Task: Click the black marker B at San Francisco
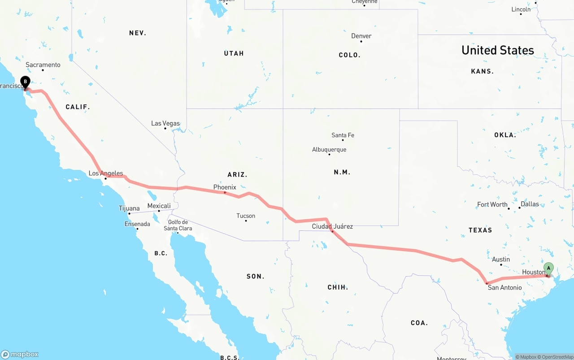[26, 82]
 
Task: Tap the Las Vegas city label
[165, 123]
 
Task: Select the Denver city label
[361, 36]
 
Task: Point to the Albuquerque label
[329, 150]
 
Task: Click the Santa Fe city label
[343, 135]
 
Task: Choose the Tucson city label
[246, 216]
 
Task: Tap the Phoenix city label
[225, 187]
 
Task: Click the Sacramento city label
[43, 65]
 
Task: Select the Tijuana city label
[129, 208]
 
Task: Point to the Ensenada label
[137, 224]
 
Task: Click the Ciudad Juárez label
[332, 226]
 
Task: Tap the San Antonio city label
[504, 287]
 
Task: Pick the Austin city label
[501, 259]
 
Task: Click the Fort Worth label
[492, 204]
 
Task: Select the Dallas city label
[530, 204]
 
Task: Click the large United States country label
[498, 50]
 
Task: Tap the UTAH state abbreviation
[234, 53]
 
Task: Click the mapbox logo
[20, 354]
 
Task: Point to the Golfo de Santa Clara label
[178, 225]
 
